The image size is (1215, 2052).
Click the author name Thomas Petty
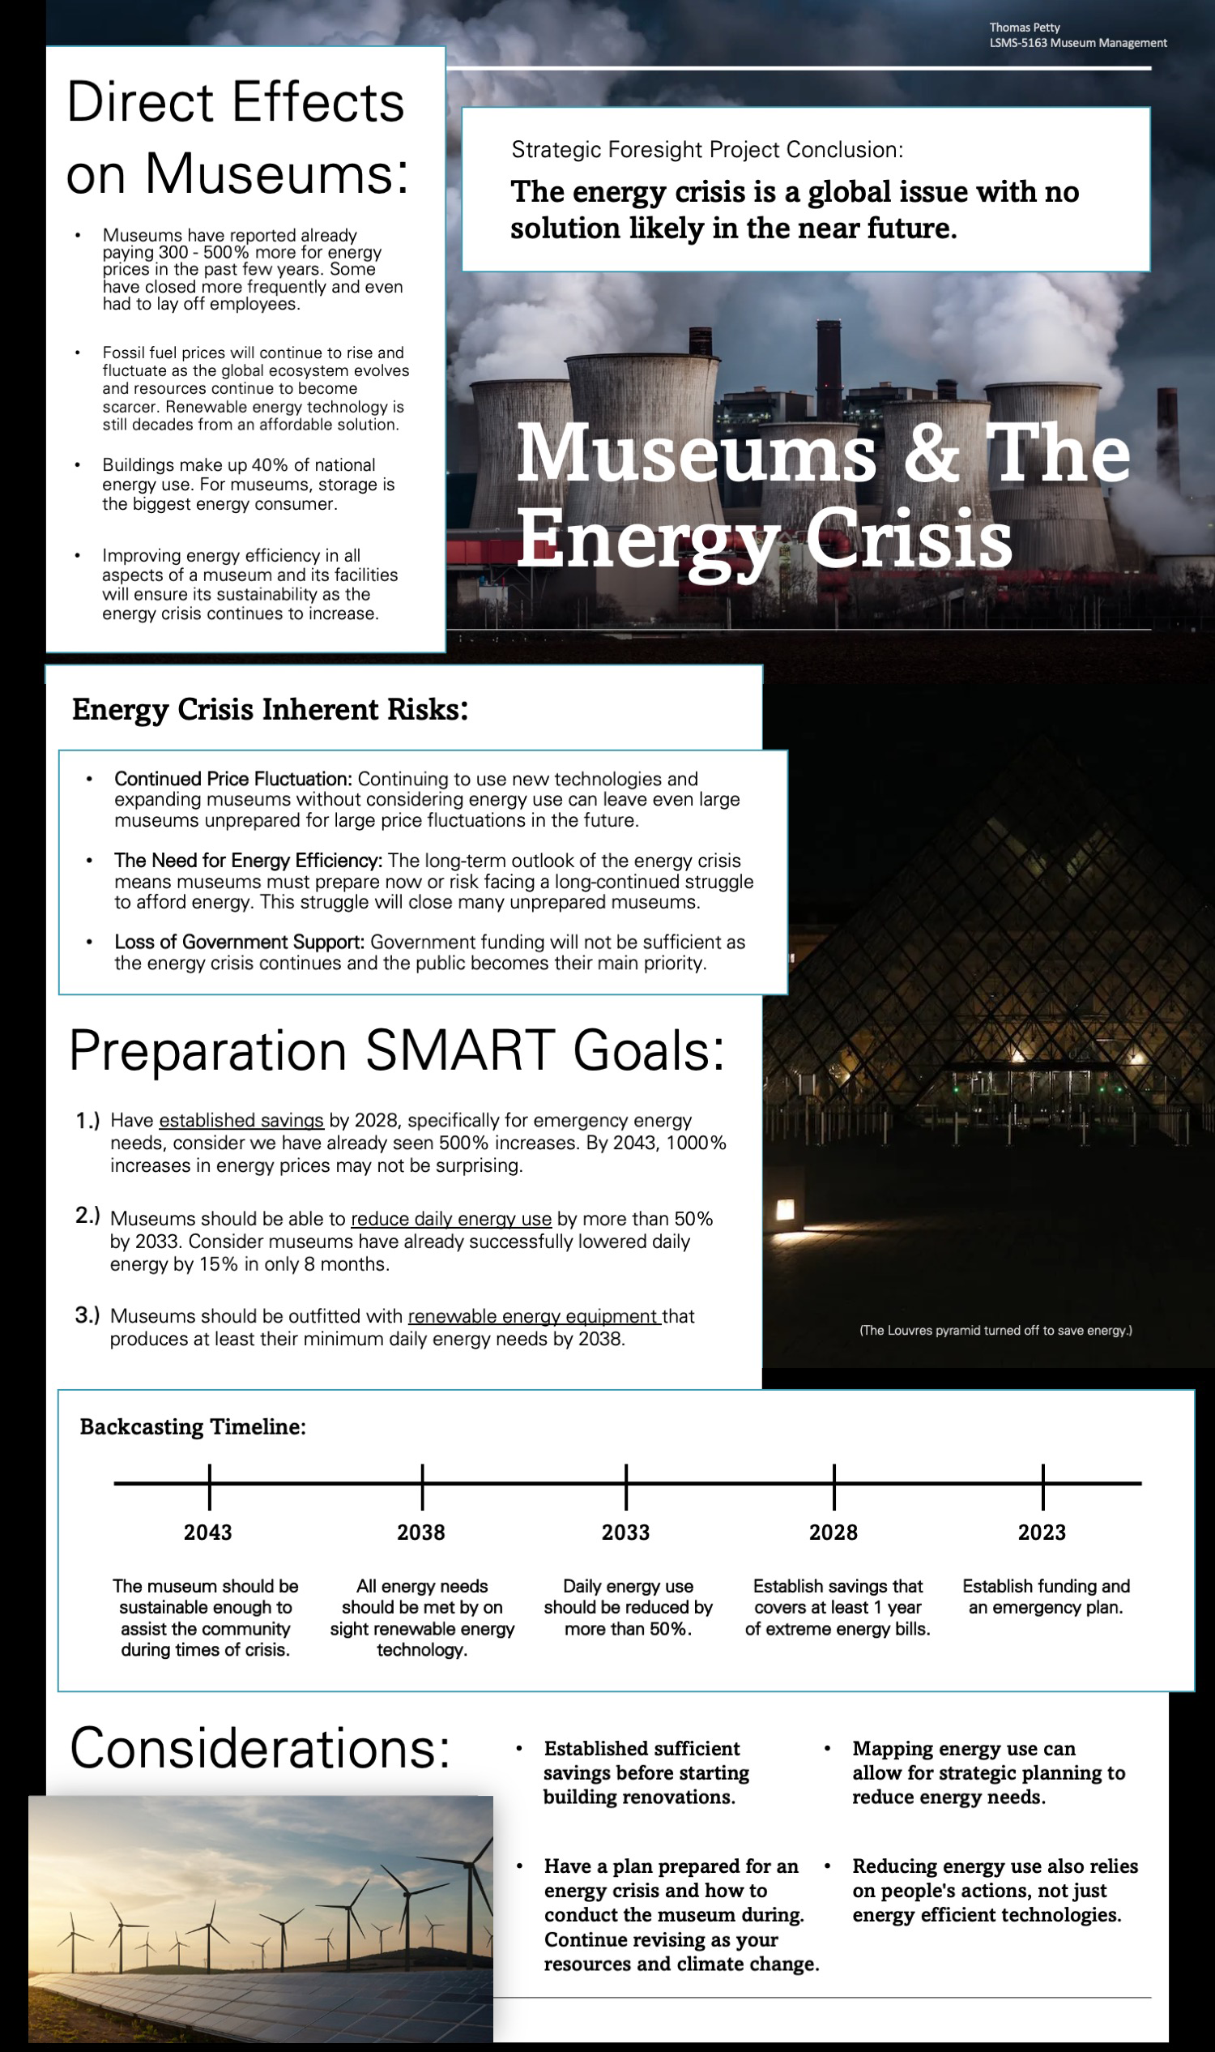click(x=1024, y=28)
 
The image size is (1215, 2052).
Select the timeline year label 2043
click(x=208, y=1532)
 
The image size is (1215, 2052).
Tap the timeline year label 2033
click(x=625, y=1532)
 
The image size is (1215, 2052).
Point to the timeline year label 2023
click(x=1042, y=1532)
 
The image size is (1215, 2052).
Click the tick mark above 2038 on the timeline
click(x=423, y=1486)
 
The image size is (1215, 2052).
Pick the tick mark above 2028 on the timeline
click(x=834, y=1486)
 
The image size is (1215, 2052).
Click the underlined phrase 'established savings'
click(x=241, y=1120)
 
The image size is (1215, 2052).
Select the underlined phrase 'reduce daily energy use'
click(x=451, y=1218)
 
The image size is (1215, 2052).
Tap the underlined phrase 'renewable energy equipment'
click(x=534, y=1315)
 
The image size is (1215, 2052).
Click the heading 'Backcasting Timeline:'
click(x=194, y=1426)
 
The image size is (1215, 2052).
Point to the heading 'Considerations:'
click(x=260, y=1747)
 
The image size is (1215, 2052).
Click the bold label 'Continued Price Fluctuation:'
click(x=233, y=779)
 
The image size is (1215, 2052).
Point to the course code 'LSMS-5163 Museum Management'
click(x=1077, y=43)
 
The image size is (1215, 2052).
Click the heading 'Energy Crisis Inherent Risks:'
click(x=271, y=709)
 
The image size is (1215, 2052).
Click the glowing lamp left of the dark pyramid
click(x=784, y=1209)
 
